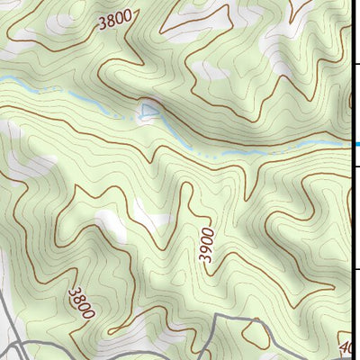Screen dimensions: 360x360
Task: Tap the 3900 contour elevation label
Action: pyautogui.click(x=207, y=244)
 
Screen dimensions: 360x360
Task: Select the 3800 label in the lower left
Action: pyautogui.click(x=80, y=301)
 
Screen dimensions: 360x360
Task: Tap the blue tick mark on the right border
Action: pyautogui.click(x=356, y=144)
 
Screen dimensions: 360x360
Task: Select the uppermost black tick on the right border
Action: pyautogui.click(x=356, y=65)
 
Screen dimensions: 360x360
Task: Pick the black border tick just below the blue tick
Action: pyautogui.click(x=356, y=166)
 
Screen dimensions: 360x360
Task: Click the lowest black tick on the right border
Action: pyautogui.click(x=356, y=268)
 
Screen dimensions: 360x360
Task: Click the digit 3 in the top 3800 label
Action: pyautogui.click(x=102, y=24)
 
